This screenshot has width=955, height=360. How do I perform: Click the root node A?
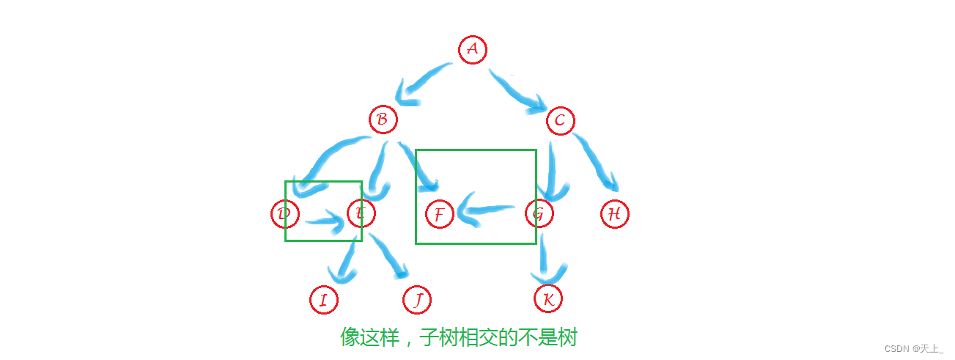(473, 50)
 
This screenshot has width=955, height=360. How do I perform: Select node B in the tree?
(383, 120)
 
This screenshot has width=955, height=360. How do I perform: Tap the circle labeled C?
(560, 121)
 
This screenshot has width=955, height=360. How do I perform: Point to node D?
(285, 213)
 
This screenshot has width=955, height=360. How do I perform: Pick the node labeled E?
(361, 213)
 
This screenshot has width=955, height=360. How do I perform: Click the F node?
(440, 214)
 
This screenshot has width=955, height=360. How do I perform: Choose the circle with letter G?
(539, 213)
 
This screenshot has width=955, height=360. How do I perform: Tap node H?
(614, 213)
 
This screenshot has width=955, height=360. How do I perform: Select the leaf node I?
(324, 300)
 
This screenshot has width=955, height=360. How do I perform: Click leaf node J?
(416, 300)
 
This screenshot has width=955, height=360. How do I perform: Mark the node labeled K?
(547, 298)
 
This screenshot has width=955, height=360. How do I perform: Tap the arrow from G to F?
(486, 210)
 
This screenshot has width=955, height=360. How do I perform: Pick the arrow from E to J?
(388, 255)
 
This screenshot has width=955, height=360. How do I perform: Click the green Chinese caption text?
(459, 337)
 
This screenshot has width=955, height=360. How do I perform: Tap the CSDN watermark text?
(914, 348)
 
